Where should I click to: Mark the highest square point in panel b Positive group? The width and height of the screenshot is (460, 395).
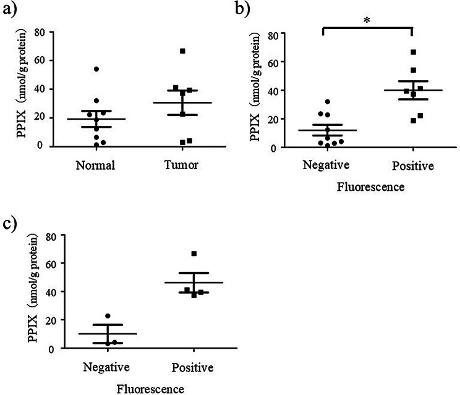point(414,52)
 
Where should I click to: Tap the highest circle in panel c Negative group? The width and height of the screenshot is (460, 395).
point(108,316)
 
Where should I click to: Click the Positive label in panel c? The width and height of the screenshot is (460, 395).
point(194,368)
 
